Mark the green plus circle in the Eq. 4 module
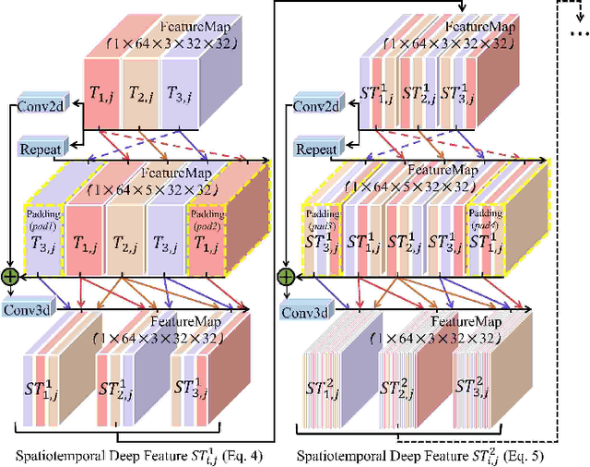[11, 276]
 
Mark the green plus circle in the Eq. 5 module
[288, 276]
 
